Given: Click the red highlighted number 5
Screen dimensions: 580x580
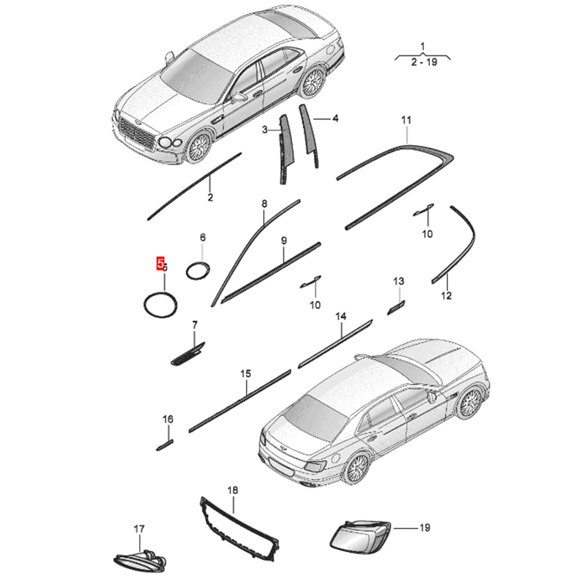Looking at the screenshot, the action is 160,263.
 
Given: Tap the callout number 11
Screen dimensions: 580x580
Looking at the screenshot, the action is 406,120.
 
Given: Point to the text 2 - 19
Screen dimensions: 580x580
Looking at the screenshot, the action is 424,62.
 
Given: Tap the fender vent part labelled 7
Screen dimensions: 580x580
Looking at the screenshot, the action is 188,353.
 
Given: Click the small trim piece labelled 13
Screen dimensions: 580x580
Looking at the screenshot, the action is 396,307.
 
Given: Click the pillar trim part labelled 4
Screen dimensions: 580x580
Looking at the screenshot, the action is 308,135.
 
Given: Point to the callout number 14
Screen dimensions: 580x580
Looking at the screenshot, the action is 341,316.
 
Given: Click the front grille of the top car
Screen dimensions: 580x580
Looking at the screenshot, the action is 137,132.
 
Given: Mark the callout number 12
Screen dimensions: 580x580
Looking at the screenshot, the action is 447,296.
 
